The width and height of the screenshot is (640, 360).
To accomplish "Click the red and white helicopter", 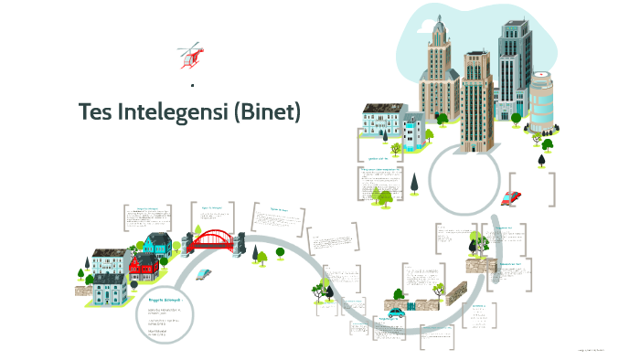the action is pos(192,55).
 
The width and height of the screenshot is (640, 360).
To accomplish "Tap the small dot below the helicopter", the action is pos(193,85).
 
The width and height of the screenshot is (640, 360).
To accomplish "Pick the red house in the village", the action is pos(144,268).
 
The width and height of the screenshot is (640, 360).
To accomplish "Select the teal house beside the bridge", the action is pos(158,244).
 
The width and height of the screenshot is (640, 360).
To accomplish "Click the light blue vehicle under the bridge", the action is pos(203,273).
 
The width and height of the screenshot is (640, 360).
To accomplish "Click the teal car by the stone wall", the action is pos(396,313).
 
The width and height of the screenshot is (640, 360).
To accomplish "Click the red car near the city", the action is pos(511,197).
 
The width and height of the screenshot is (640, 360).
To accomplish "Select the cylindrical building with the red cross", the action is pos(541,101).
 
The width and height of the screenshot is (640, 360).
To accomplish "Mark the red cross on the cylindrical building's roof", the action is pos(542,75).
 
